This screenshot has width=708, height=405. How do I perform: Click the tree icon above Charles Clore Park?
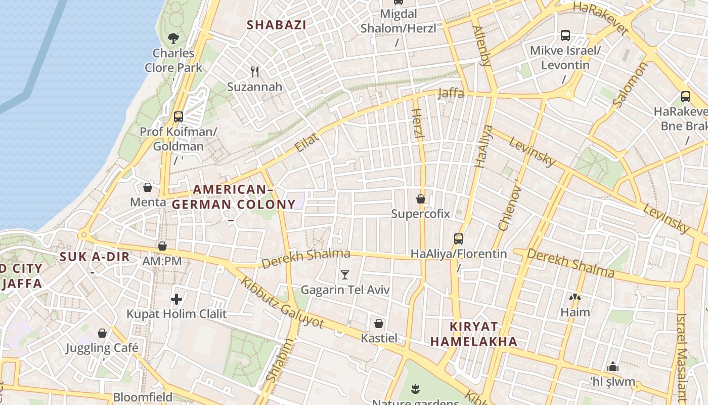(173, 38)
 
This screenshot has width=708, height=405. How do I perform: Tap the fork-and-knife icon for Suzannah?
(255, 72)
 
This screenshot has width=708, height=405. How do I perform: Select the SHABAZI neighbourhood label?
(276, 24)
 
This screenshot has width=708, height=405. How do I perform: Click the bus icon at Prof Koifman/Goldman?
(179, 117)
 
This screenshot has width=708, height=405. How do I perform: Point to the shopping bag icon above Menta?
(148, 187)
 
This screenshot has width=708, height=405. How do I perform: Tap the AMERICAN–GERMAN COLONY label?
(234, 197)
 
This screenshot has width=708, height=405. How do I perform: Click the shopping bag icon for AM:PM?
(162, 246)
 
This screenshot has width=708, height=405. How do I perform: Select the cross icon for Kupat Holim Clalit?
(176, 299)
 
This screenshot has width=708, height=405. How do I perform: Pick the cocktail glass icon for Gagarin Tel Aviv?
(345, 275)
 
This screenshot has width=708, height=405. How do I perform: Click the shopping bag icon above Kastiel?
(379, 323)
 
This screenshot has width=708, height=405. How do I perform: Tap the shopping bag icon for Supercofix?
(420, 199)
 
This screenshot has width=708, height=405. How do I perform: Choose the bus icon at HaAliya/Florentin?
(459, 238)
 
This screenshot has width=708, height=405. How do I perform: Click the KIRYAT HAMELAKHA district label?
(474, 334)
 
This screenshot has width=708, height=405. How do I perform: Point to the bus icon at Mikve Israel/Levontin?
(565, 35)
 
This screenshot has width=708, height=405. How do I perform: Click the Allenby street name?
(481, 46)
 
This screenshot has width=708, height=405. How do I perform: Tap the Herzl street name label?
(418, 124)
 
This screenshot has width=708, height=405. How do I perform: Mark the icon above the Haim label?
(574, 297)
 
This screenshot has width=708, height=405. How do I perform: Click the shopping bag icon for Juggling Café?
(102, 333)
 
